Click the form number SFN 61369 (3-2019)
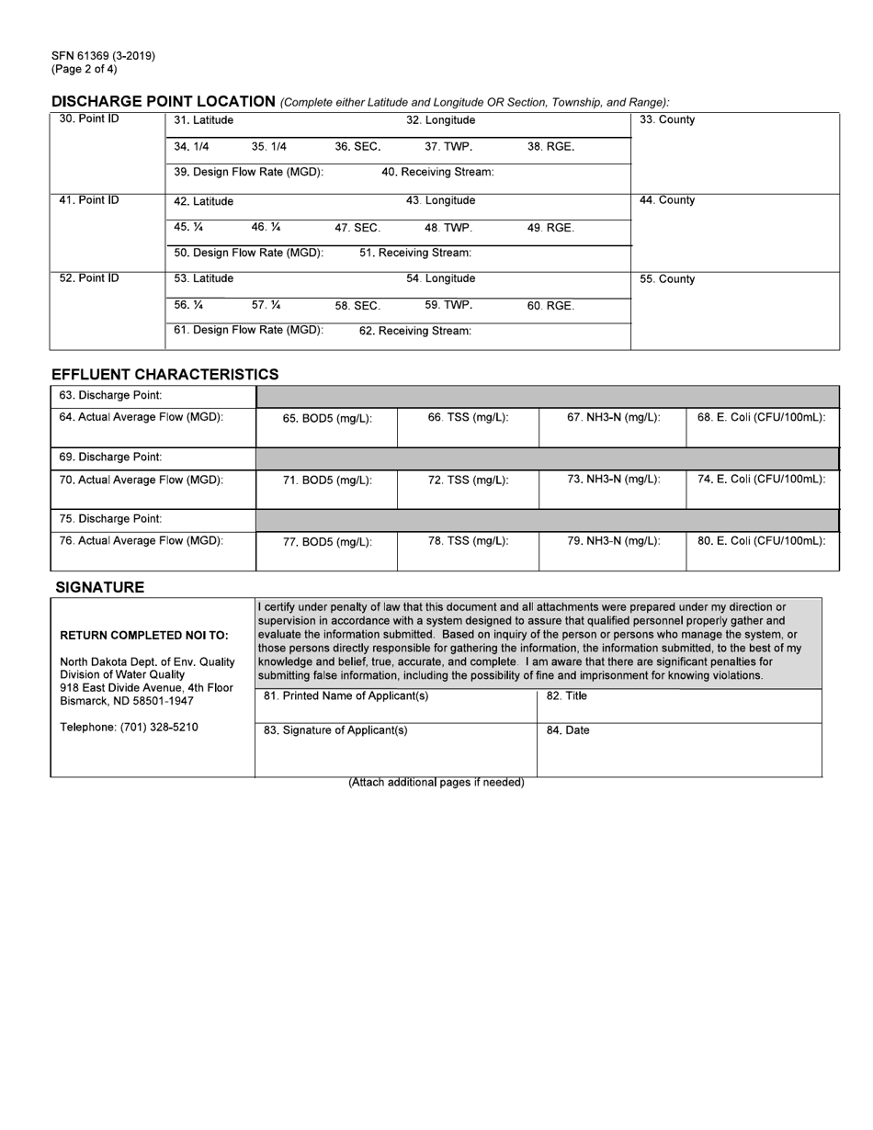pyautogui.click(x=103, y=55)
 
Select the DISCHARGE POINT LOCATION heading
pyautogui.click(x=164, y=101)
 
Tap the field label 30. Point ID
pyautogui.click(x=89, y=119)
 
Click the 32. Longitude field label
pyautogui.click(x=440, y=120)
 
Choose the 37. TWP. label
pyautogui.click(x=448, y=146)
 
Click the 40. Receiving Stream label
pyautogui.click(x=437, y=172)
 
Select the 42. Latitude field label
pyautogui.click(x=203, y=201)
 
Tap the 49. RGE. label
pyautogui.click(x=550, y=228)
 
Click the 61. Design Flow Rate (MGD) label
pyautogui.click(x=248, y=330)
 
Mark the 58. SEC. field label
pyautogui.click(x=357, y=306)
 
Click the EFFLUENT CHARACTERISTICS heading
pyautogui.click(x=164, y=374)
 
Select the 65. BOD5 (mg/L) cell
pyautogui.click(x=327, y=418)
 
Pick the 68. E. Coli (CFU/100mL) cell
pyautogui.click(x=762, y=417)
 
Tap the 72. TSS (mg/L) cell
pyautogui.click(x=468, y=480)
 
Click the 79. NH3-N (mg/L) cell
pyautogui.click(x=613, y=541)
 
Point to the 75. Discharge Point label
pyautogui.click(x=110, y=518)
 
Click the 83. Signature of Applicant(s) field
pyautogui.click(x=395, y=749)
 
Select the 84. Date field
pyautogui.click(x=678, y=749)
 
